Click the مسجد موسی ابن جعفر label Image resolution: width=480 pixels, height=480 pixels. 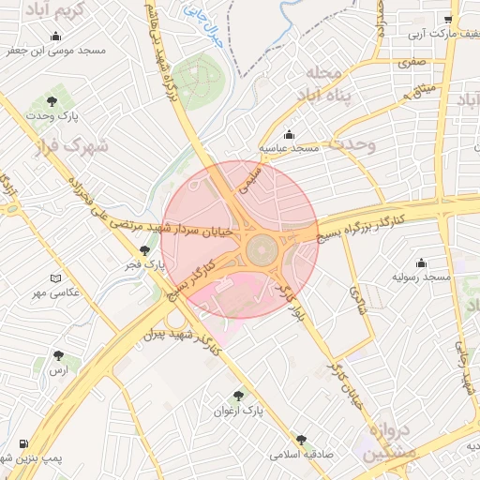click(x=61, y=50)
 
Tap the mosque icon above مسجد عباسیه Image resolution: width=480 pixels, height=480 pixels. click(x=290, y=134)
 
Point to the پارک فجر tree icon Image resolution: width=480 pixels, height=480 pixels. click(x=143, y=250)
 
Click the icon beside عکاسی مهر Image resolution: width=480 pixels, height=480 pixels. click(x=55, y=279)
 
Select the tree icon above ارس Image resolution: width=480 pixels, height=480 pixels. click(x=59, y=356)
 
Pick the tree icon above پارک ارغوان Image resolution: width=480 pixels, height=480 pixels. click(x=238, y=397)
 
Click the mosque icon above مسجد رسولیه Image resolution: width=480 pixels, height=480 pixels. click(x=421, y=262)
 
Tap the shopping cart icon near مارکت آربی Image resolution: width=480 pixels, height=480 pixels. click(x=448, y=19)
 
